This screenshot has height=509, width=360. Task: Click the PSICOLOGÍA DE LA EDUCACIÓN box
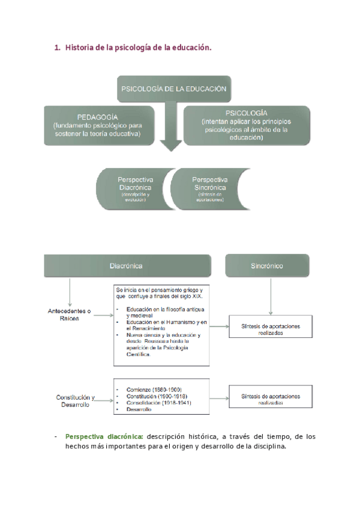(174, 89)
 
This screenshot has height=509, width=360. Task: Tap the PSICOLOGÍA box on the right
(247, 125)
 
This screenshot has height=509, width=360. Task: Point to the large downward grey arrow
(172, 135)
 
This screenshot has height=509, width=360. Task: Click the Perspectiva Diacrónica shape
(136, 188)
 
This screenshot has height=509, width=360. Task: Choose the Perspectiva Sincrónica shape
(209, 188)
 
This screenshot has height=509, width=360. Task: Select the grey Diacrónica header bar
(127, 265)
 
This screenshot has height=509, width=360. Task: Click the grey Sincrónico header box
(267, 265)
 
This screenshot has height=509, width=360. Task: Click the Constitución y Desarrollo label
(76, 400)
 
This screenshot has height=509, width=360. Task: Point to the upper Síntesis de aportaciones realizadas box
(271, 329)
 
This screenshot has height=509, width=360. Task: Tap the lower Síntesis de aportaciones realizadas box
(271, 400)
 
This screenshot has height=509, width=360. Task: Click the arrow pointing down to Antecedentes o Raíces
(70, 292)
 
